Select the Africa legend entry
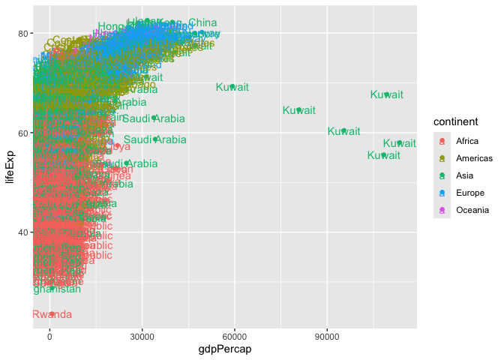pos(466,141)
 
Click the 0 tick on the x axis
pos(49,334)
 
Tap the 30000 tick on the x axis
pos(142,334)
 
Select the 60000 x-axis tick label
pos(234,334)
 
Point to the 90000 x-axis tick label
pos(326,334)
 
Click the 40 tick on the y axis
pos(24,232)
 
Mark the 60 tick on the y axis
pos(24,133)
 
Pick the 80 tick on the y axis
pos(24,33)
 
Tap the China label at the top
pos(202,22)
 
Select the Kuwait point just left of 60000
pos(232,87)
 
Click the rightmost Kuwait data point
pos(400,142)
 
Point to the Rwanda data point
pos(52,313)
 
